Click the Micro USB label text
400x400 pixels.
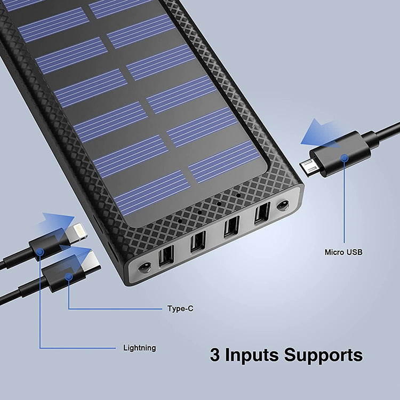click(x=343, y=252)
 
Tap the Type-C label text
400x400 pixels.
click(x=180, y=308)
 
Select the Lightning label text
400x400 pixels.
click(x=140, y=348)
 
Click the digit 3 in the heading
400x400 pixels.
click(x=215, y=355)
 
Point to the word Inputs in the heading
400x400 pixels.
click(x=252, y=355)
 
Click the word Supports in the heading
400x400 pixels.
click(x=324, y=355)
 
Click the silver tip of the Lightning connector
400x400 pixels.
click(x=77, y=231)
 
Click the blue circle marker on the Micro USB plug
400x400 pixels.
click(x=345, y=158)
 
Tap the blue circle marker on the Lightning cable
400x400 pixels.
click(x=40, y=252)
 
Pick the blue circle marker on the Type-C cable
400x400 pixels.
click(x=69, y=276)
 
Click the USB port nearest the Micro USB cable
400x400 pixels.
click(x=262, y=213)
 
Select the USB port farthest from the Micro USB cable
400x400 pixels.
click(x=166, y=255)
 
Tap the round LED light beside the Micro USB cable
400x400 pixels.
click(x=283, y=206)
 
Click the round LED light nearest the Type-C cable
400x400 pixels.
click(x=145, y=268)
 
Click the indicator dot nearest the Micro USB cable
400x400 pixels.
click(x=238, y=195)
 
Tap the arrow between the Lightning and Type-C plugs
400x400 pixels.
click(x=75, y=257)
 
